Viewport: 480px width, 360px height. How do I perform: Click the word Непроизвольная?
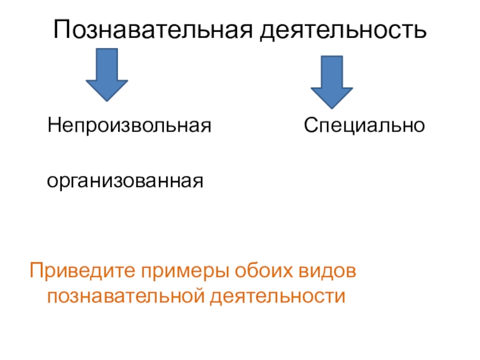(131, 126)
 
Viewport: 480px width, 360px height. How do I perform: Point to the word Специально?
(364, 126)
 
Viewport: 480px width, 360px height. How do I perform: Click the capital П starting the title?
(62, 28)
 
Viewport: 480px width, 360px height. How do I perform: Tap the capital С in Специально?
(310, 126)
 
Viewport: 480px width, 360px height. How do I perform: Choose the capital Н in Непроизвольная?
(55, 126)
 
